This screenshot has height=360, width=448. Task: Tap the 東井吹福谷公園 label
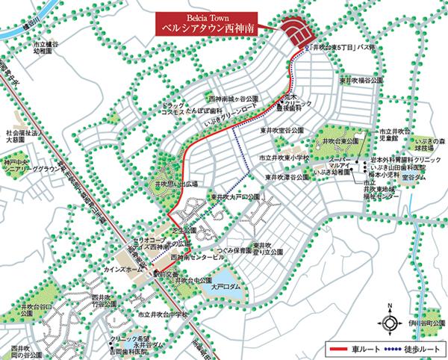[361, 79]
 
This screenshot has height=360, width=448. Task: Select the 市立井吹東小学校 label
[285, 158]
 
